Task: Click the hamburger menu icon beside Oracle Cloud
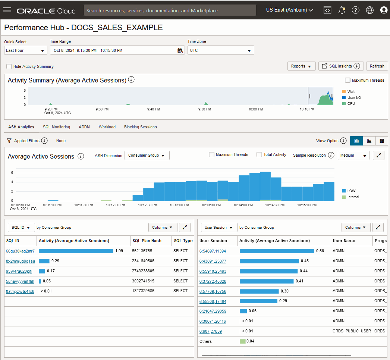(7, 10)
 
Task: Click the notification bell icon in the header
(342, 10)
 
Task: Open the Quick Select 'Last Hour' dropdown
(25, 50)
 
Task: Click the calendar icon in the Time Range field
(180, 50)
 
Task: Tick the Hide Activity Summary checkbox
(9, 66)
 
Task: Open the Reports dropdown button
(301, 66)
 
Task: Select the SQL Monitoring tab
(56, 127)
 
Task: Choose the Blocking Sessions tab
(140, 127)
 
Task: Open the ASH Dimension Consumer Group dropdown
(147, 155)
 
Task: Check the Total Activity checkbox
(259, 154)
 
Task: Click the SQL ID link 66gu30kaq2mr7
(20, 251)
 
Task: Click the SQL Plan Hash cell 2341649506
(143, 261)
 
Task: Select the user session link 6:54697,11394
(213, 251)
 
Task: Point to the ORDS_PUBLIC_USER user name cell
(352, 331)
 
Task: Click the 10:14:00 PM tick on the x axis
(243, 205)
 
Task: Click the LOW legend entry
(351, 191)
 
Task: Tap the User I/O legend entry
(353, 97)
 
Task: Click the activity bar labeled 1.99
(76, 251)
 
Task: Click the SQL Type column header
(183, 241)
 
